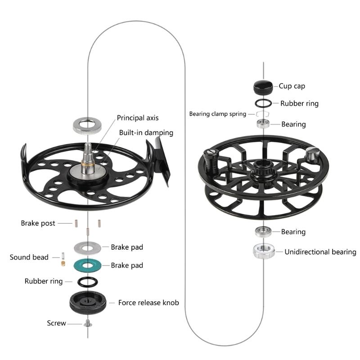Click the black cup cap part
[x=263, y=85]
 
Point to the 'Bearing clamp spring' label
[x=217, y=114]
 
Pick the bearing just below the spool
[x=262, y=232]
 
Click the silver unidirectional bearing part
[x=263, y=251]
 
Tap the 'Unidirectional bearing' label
[x=320, y=252]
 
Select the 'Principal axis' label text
[x=138, y=118]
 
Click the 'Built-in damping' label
[x=146, y=133]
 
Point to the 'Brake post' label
[x=38, y=223]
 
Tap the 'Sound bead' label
[x=29, y=257]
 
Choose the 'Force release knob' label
[x=148, y=302]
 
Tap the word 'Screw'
[x=56, y=323]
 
